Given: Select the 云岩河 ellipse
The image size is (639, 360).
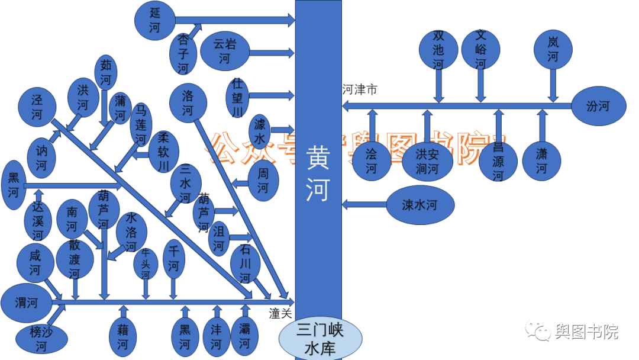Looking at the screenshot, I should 224,51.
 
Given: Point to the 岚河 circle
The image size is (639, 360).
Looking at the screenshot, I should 553,50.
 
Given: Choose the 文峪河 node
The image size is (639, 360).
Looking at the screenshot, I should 480,49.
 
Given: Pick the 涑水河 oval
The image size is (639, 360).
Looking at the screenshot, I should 419,205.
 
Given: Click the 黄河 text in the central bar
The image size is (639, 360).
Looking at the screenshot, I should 318,175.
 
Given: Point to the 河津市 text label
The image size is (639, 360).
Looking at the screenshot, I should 360,90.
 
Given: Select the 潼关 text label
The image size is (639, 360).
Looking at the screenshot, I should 280,314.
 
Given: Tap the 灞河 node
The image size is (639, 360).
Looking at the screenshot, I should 244,336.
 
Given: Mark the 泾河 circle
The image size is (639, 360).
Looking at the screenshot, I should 38,107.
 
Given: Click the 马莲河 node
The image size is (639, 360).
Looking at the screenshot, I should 141,125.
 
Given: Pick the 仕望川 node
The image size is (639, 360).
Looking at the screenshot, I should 237,97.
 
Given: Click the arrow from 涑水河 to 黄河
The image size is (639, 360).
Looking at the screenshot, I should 364,205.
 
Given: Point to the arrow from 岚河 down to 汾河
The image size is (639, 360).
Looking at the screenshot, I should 553,86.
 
